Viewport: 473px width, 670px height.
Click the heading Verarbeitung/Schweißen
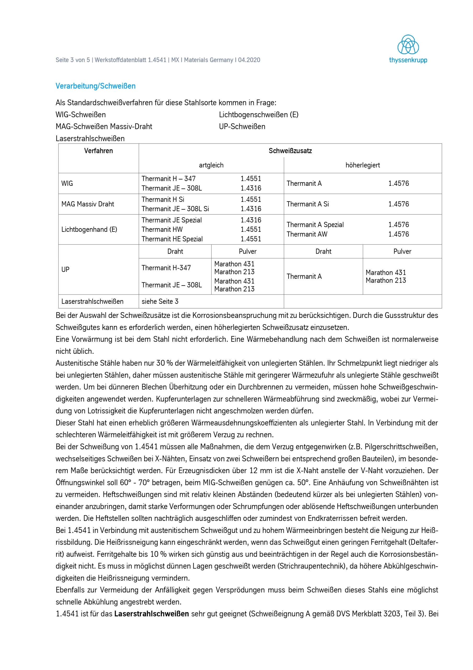(x=95, y=86)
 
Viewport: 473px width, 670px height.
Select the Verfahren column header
(x=98, y=151)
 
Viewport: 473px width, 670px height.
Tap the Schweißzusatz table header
(x=290, y=151)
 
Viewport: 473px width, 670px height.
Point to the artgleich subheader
(x=211, y=165)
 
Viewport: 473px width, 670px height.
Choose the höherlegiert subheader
(x=362, y=165)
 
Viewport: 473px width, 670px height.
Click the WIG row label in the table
(x=67, y=183)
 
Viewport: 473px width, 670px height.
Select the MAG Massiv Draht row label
(x=88, y=204)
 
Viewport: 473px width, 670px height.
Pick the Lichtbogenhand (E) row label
(x=89, y=230)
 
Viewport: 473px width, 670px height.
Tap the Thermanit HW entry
(x=162, y=230)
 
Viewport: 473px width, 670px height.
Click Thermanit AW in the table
(x=307, y=234)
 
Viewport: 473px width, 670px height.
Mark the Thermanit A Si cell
(x=308, y=204)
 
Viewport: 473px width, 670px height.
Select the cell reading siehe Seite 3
(x=160, y=301)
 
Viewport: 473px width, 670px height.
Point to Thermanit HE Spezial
(x=172, y=239)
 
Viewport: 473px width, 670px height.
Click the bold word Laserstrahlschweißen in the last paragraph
(x=152, y=614)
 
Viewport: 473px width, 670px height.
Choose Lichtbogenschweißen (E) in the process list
(x=258, y=115)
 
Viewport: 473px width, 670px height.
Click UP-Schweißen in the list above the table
(x=242, y=127)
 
